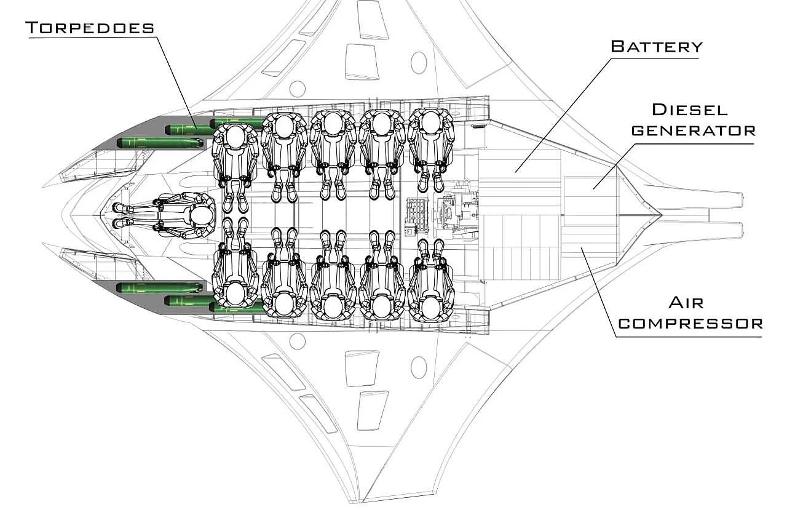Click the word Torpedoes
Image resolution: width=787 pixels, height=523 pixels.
(x=90, y=28)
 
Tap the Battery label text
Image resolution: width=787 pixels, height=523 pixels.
(x=657, y=46)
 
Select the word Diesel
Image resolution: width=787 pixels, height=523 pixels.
(x=690, y=110)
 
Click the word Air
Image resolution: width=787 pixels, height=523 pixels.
(x=686, y=303)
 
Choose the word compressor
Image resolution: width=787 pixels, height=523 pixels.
(x=690, y=324)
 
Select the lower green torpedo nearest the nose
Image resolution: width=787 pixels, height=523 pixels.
(x=160, y=287)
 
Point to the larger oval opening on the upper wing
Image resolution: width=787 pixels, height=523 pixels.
(x=419, y=63)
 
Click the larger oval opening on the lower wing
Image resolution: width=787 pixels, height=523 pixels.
(x=419, y=367)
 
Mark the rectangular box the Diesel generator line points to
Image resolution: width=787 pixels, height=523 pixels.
(x=591, y=201)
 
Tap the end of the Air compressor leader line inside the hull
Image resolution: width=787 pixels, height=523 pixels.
(x=581, y=248)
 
